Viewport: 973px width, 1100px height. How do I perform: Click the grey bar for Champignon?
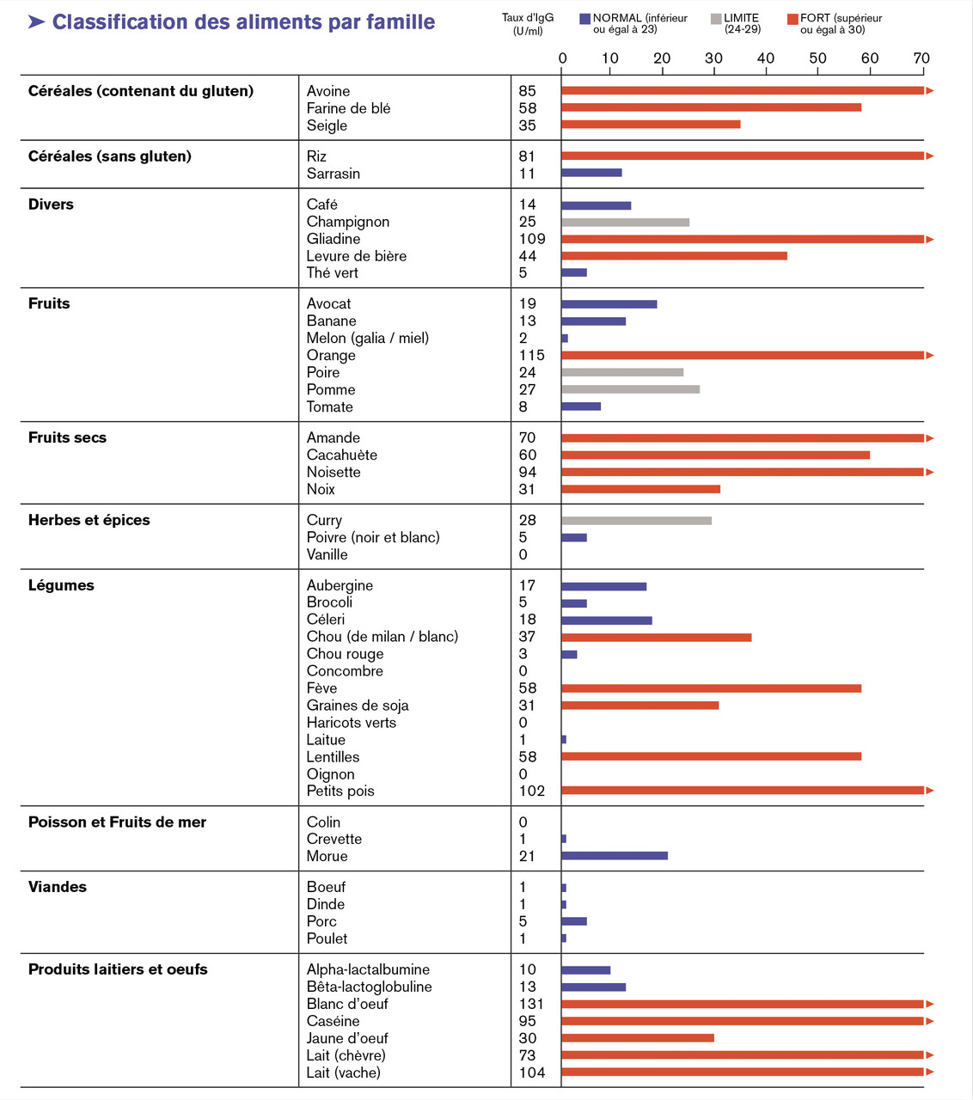pos(625,223)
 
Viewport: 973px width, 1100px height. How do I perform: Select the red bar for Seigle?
pos(651,125)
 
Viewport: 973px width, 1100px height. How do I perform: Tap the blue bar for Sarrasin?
pos(591,173)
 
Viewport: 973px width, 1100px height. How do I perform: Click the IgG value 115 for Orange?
pos(531,355)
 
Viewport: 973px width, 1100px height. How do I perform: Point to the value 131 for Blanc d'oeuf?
pos(531,1004)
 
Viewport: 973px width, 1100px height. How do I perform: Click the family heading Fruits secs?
pos(67,437)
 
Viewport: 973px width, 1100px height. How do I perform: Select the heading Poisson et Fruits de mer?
pos(117,822)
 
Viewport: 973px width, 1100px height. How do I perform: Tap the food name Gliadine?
pos(334,239)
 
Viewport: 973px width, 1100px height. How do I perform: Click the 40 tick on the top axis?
pos(765,58)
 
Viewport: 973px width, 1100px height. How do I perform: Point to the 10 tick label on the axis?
pos(609,58)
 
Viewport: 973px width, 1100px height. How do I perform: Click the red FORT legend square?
pos(792,19)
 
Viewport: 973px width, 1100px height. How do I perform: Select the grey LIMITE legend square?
pos(716,19)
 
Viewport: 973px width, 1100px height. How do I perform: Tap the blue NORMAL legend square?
pos(584,19)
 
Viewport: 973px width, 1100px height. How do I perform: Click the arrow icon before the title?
pos(36,21)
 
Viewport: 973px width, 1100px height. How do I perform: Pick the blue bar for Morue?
pos(615,856)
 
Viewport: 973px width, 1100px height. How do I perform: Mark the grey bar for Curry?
pos(636,521)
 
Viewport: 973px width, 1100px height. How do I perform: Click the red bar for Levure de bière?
pos(674,256)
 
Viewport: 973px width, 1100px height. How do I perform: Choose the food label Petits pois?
pos(340,791)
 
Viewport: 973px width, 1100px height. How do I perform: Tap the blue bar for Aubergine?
pos(603,586)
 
